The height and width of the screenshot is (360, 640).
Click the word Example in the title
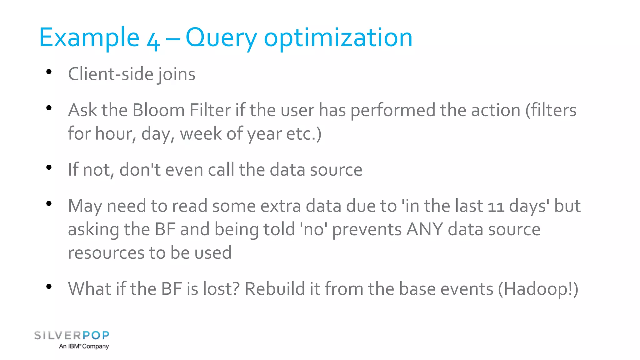tap(89, 37)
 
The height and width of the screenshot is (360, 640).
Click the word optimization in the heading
tap(338, 38)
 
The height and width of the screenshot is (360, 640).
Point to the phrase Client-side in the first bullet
tap(111, 74)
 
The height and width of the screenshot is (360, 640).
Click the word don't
tap(140, 170)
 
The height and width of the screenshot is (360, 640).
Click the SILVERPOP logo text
tap(72, 335)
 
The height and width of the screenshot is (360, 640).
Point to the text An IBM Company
tap(84, 346)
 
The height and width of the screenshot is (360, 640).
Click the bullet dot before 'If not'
tap(49, 167)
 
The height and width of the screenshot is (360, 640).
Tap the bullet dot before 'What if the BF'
tap(49, 287)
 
